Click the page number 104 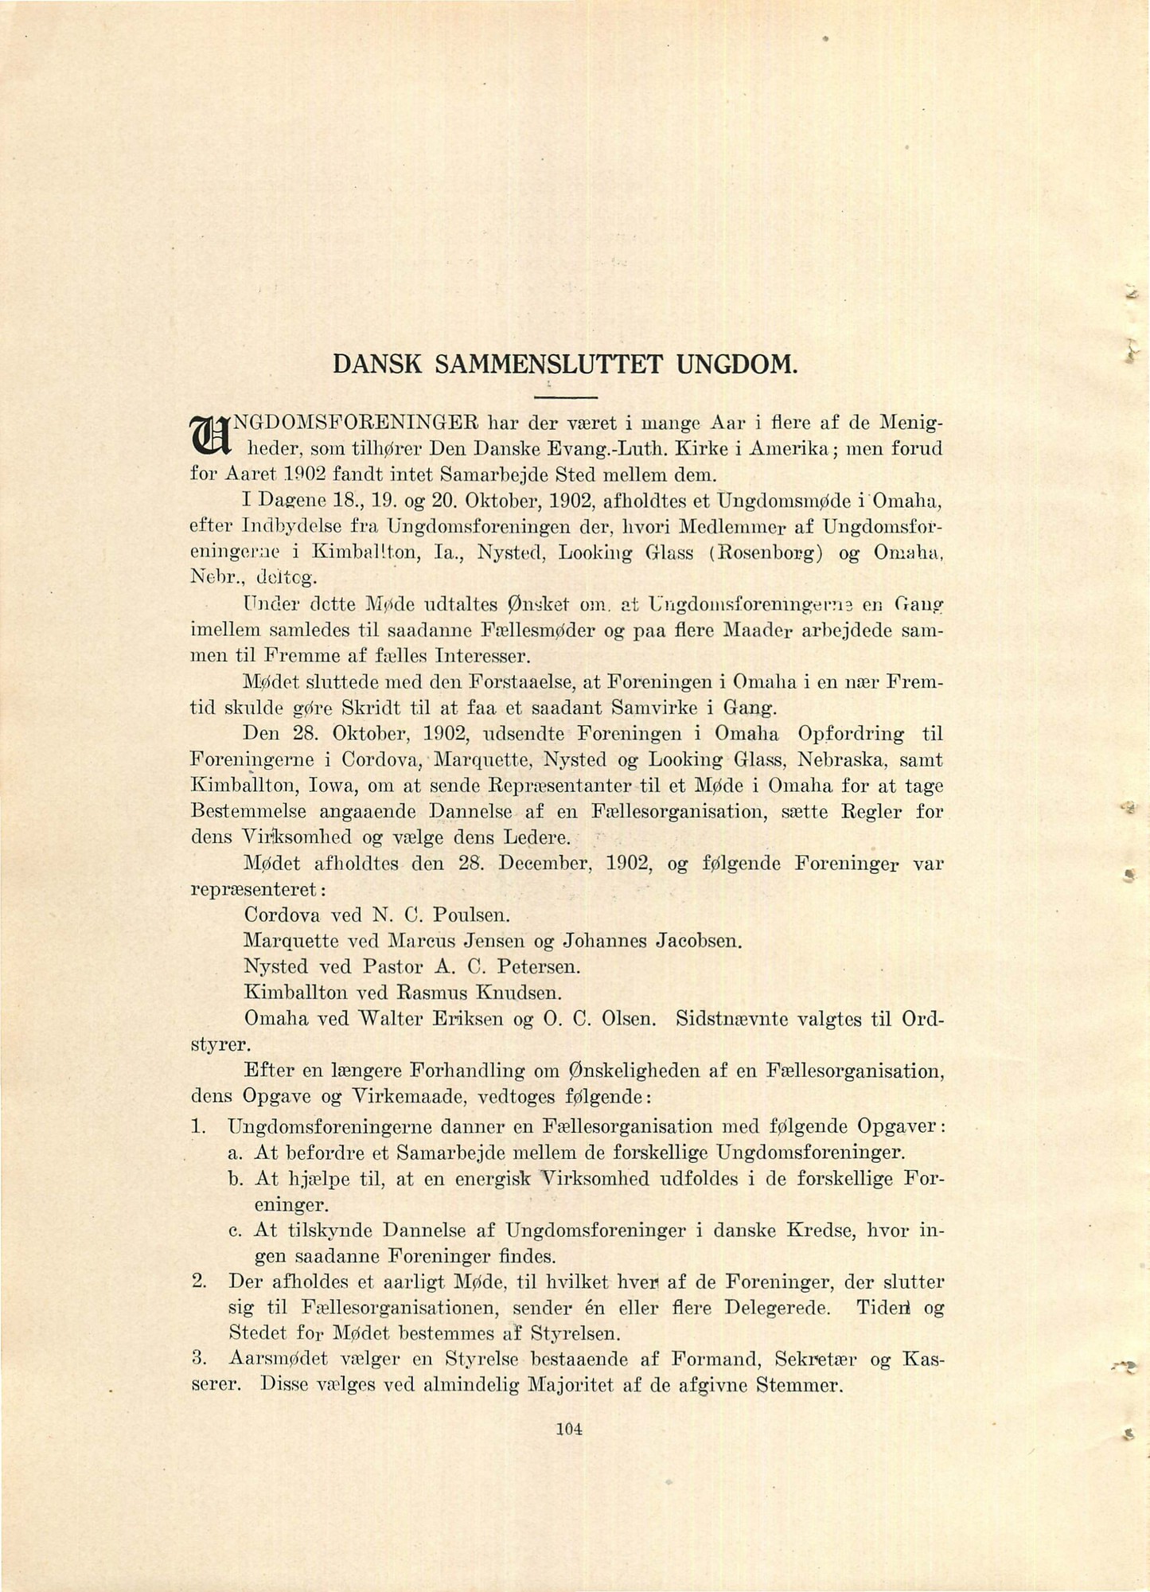pyautogui.click(x=570, y=1429)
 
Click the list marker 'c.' pyautogui.click(x=235, y=1231)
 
